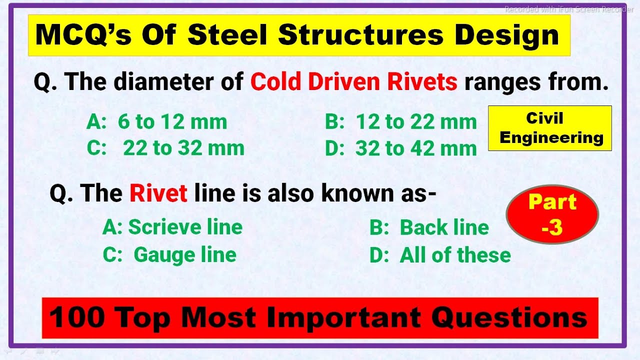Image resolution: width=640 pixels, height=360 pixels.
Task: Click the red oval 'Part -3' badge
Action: click(552, 214)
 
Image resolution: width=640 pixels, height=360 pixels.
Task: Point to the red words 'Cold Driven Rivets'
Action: click(353, 82)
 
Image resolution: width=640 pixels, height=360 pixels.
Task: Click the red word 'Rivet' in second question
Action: click(158, 193)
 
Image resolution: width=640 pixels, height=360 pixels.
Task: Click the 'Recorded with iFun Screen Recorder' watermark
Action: click(568, 9)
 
